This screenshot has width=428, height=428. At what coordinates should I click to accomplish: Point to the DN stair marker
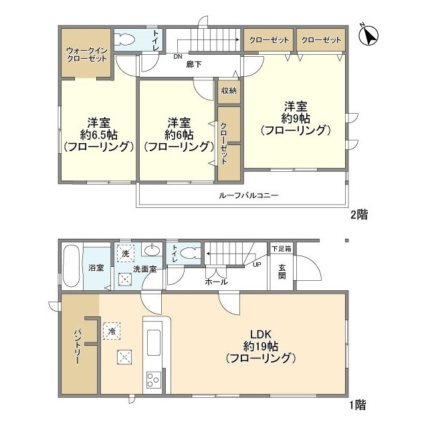tap(178, 57)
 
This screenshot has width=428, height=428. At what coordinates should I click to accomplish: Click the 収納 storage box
tap(228, 91)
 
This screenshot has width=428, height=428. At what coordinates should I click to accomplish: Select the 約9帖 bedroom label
tap(296, 118)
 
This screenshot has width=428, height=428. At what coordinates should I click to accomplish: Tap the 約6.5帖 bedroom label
tap(99, 134)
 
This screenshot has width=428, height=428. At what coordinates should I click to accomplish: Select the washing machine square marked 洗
tap(124, 253)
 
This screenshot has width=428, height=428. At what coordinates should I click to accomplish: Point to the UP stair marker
tap(256, 264)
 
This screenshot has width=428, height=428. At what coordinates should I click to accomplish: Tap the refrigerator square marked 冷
tap(111, 330)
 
